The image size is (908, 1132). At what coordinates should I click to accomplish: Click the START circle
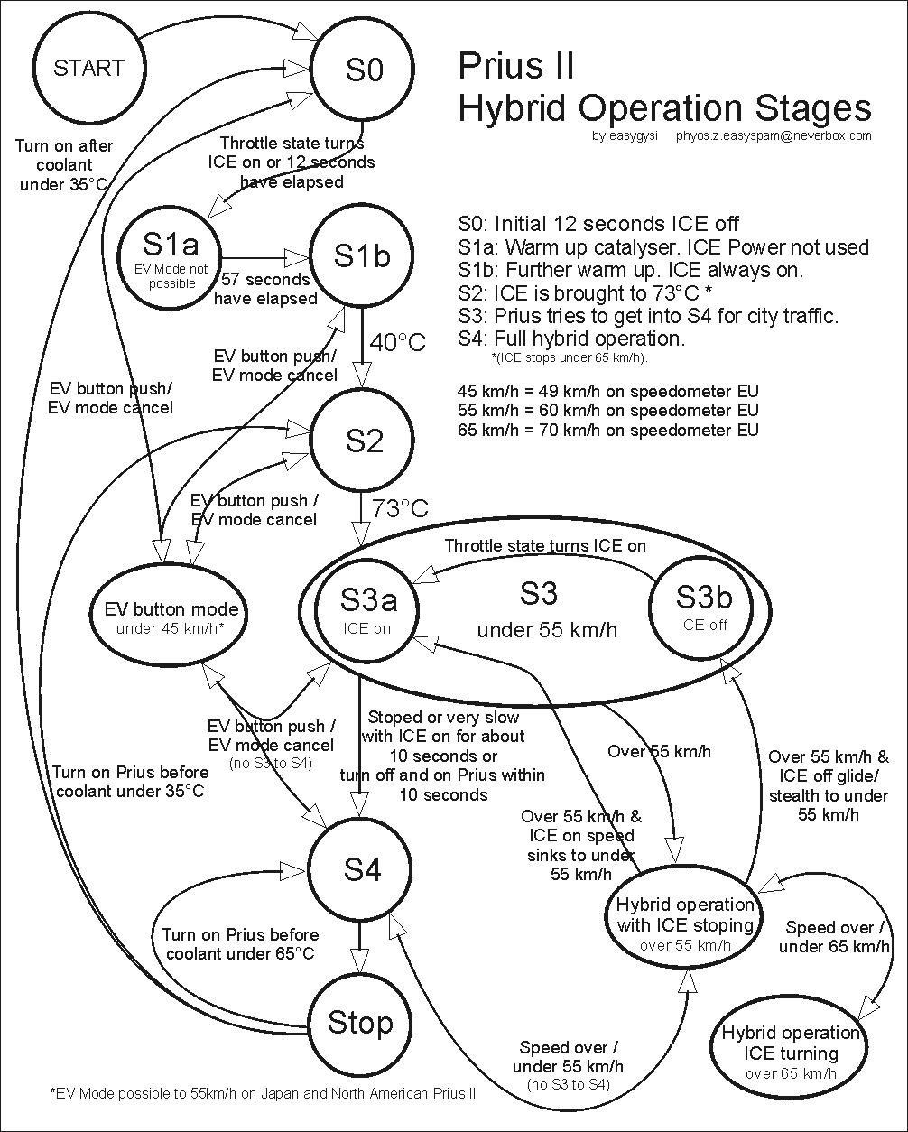(x=88, y=69)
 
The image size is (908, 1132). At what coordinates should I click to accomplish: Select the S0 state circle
(x=363, y=70)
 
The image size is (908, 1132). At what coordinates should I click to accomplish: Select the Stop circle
(x=360, y=1022)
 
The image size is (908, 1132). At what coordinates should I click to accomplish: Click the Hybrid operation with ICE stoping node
(x=685, y=923)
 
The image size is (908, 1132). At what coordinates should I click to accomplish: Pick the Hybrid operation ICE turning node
(x=790, y=1052)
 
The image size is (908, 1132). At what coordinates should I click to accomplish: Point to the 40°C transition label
(x=396, y=342)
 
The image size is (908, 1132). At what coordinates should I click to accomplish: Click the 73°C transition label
(x=398, y=508)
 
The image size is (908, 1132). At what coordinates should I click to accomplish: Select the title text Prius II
(x=515, y=66)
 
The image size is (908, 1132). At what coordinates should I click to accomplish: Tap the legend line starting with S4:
(x=572, y=339)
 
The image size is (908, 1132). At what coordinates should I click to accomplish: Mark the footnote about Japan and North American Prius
(x=263, y=1092)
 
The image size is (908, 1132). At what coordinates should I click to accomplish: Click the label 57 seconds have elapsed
(x=265, y=289)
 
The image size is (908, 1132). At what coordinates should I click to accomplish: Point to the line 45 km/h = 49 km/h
(x=609, y=391)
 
